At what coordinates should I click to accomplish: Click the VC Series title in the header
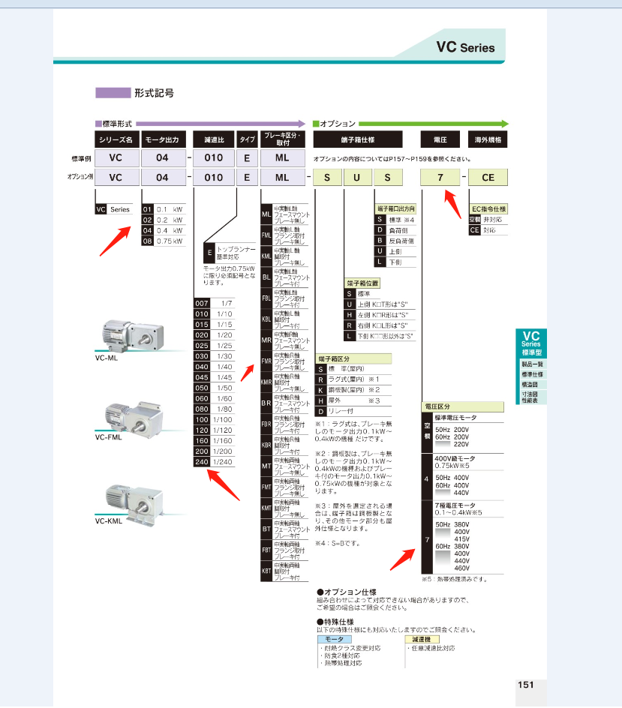(x=465, y=47)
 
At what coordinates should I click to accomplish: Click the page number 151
(x=525, y=684)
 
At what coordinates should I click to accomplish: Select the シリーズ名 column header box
(x=115, y=139)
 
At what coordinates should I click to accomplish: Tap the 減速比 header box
(x=213, y=139)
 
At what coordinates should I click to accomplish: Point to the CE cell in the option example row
(x=487, y=178)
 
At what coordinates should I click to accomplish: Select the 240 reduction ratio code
(x=201, y=461)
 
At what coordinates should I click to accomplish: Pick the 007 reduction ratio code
(x=201, y=303)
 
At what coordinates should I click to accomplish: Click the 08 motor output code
(x=148, y=241)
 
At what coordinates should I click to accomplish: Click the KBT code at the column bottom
(x=266, y=571)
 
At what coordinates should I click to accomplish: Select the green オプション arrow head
(x=503, y=123)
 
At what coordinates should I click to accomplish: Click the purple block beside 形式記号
(x=113, y=94)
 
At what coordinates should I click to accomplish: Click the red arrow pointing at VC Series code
(x=113, y=237)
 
